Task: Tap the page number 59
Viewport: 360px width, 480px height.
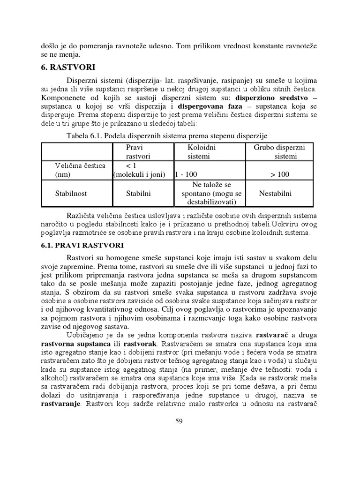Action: pos(179,421)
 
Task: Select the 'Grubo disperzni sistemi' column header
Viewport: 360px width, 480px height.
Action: pos(279,151)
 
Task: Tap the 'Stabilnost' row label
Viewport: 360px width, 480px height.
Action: pos(71,193)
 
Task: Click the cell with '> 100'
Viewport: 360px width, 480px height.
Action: pos(280,174)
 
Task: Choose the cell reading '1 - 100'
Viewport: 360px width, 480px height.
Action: pos(187,174)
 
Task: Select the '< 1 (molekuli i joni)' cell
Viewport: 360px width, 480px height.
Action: pos(139,170)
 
